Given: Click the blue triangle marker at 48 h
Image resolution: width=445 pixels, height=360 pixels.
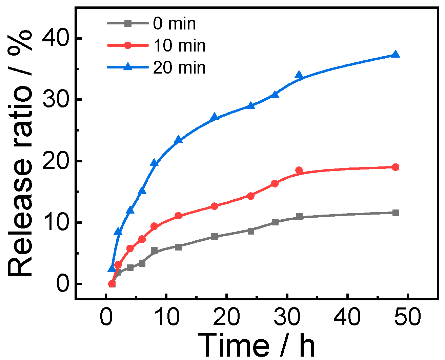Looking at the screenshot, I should (395, 55).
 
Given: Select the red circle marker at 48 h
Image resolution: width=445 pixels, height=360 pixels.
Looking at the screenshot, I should (395, 167).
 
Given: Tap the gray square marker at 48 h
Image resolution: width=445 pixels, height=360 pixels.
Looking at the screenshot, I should (395, 213).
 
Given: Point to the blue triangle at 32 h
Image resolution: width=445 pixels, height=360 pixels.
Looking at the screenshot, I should (299, 75).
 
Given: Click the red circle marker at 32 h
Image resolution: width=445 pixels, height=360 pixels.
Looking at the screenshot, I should (299, 170).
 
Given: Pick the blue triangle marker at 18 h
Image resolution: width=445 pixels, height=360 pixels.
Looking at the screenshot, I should (215, 117).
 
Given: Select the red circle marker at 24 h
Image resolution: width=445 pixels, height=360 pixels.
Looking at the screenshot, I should (251, 196).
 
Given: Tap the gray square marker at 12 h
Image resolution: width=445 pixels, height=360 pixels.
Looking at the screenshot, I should (179, 247).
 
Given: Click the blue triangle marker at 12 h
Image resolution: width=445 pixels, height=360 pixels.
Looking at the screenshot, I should (179, 140).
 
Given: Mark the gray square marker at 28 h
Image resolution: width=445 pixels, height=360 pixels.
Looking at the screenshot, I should (275, 222).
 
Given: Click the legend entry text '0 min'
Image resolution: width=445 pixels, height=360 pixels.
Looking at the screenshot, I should (174, 24).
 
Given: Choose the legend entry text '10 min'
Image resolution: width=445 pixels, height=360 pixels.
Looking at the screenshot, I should (179, 46).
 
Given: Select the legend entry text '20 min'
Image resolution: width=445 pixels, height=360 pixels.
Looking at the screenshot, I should (179, 67).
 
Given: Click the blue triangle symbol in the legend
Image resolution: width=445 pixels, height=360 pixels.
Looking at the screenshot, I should (128, 67).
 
